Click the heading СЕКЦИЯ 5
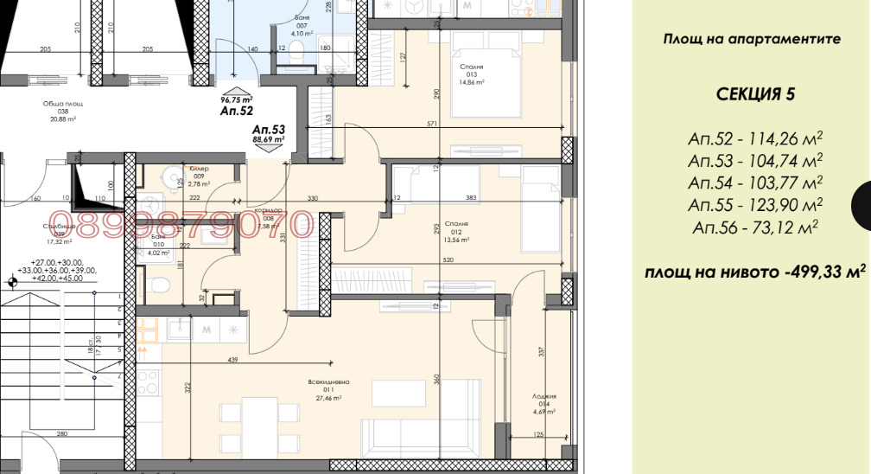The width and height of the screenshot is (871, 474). (x=754, y=94)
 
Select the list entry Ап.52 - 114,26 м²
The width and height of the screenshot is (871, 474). (x=754, y=138)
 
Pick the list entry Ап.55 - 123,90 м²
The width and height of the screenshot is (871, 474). (x=754, y=205)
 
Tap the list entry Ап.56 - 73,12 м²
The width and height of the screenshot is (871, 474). (x=754, y=227)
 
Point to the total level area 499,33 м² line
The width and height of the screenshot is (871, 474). (x=754, y=272)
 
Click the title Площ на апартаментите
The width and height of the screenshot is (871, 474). (x=752, y=39)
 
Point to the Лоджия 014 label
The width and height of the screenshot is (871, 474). (x=544, y=404)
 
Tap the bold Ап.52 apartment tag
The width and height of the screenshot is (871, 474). (x=236, y=111)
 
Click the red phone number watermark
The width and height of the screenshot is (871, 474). (x=182, y=225)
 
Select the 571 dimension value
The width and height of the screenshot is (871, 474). (x=434, y=125)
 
